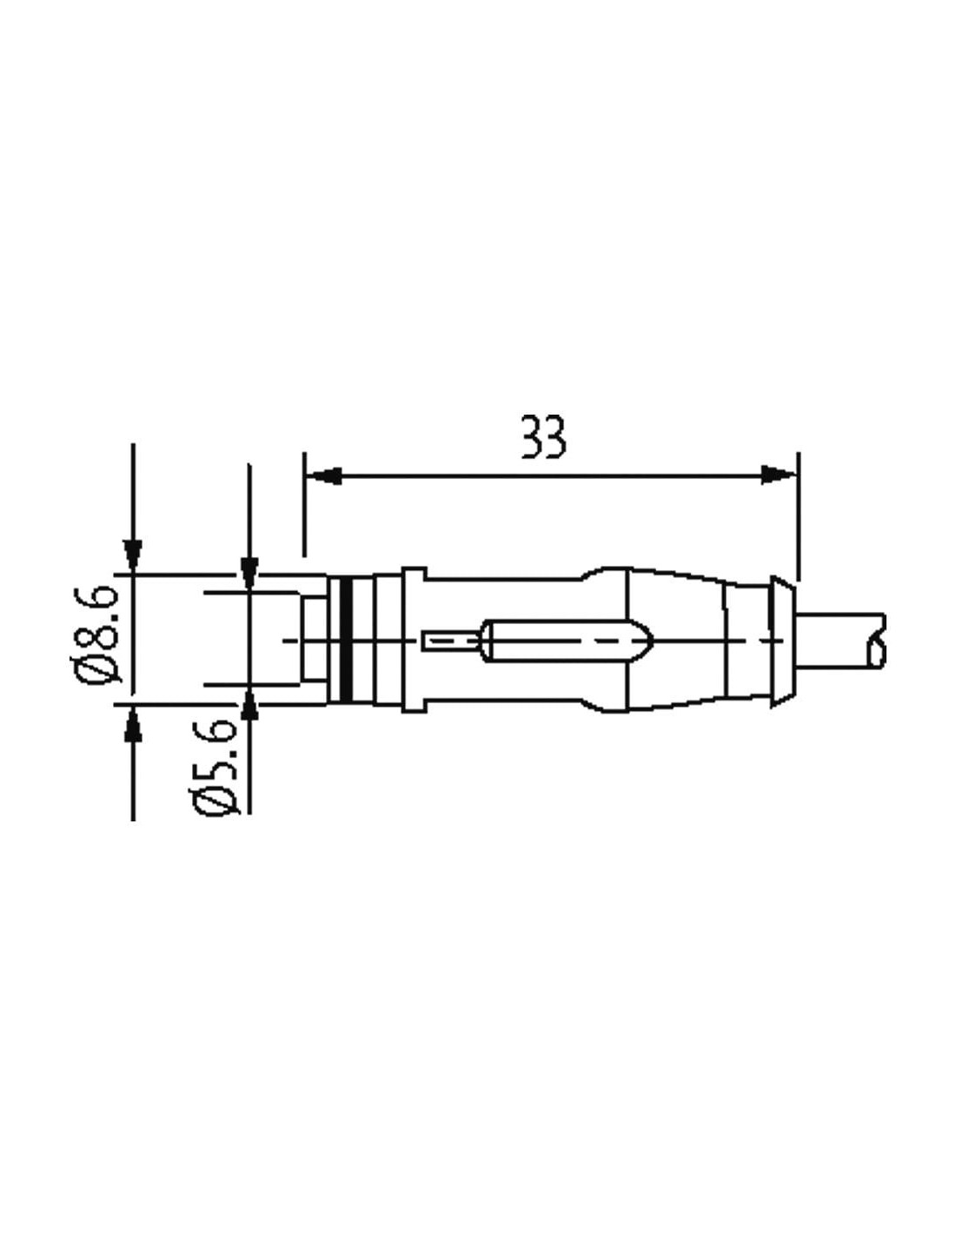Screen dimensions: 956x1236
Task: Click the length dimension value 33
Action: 544,438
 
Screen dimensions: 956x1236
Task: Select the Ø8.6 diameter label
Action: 103,635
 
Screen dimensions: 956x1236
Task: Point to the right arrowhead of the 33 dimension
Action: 779,475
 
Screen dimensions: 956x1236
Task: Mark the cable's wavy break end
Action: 876,640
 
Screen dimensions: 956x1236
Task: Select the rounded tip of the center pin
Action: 647,641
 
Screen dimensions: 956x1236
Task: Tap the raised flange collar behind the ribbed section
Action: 414,640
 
